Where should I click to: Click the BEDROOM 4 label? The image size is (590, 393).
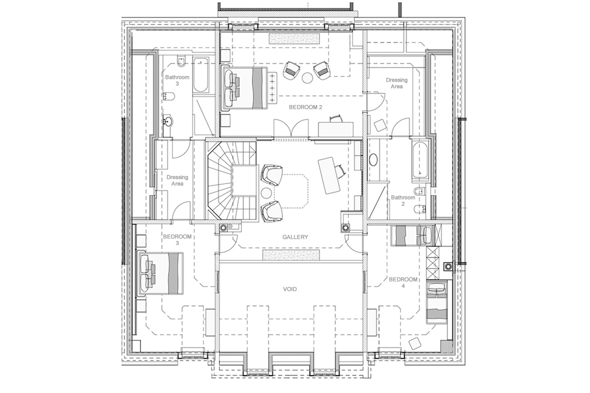(x=403, y=282)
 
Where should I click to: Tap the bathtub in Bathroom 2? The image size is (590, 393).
(x=419, y=160)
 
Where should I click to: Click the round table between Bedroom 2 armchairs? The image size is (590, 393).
(x=307, y=78)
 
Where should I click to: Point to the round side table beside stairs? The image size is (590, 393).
(x=266, y=193)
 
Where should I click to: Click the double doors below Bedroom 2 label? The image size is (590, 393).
(x=291, y=128)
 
